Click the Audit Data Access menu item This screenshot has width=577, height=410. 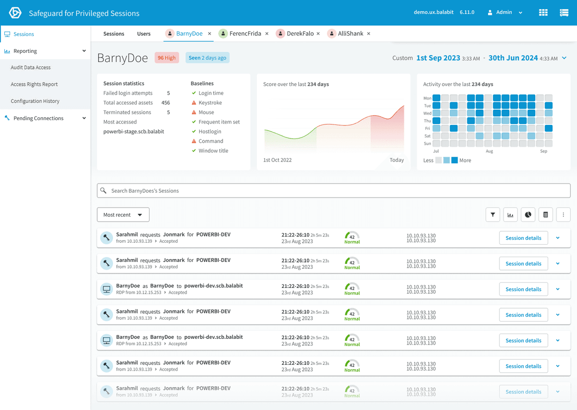(x=31, y=68)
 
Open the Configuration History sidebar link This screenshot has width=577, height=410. (x=35, y=101)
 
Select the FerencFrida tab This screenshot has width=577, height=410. (x=245, y=34)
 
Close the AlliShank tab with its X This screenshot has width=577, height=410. (x=369, y=34)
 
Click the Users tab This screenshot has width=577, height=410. (x=144, y=34)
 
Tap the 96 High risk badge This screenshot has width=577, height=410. (x=167, y=58)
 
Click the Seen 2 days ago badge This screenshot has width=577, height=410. (x=207, y=58)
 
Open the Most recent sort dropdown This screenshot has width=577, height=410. (x=123, y=215)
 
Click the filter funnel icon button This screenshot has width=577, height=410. (x=493, y=215)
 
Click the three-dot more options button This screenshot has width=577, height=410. (x=563, y=215)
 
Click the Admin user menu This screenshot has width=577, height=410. (x=505, y=12)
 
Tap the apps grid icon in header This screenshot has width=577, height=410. (x=543, y=13)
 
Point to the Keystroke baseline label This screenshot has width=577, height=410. (x=210, y=103)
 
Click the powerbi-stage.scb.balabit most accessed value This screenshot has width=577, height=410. (x=134, y=132)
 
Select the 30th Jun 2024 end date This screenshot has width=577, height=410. (x=513, y=58)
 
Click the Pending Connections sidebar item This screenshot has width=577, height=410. (x=38, y=118)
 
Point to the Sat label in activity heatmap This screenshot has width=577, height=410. (x=427, y=136)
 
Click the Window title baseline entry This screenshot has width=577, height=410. (x=213, y=151)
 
